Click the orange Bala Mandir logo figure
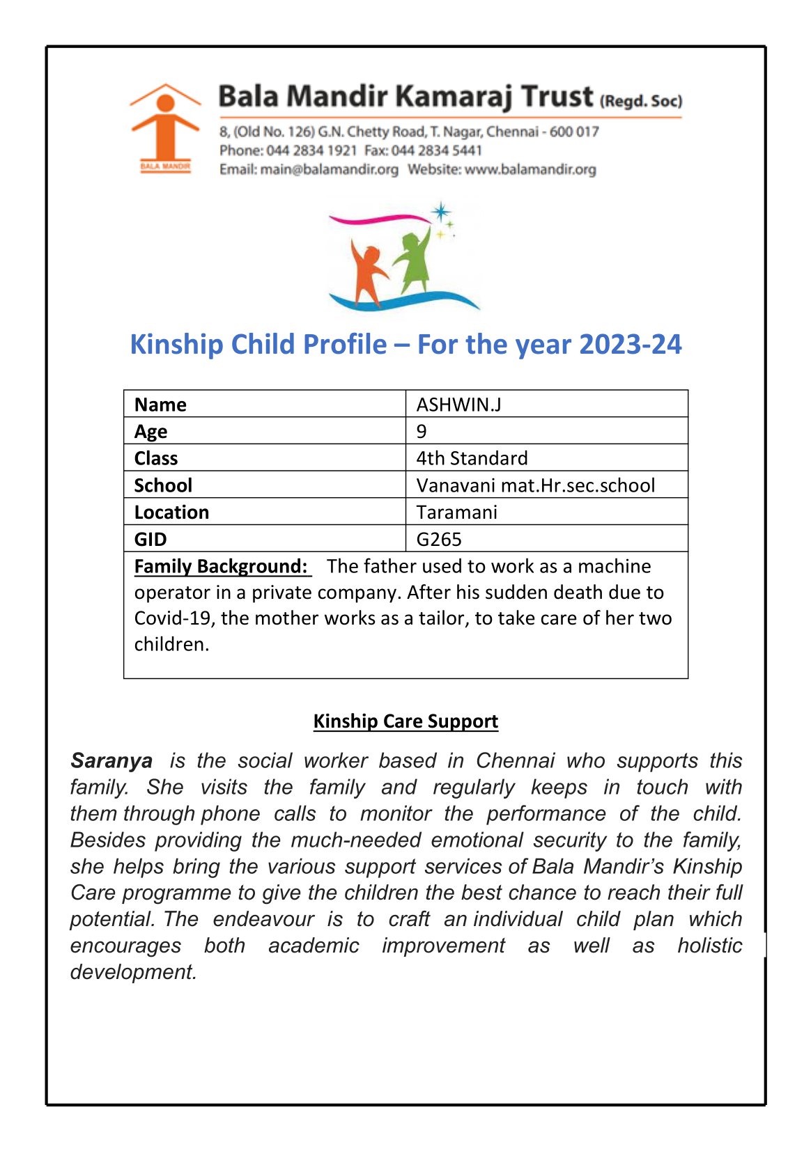pos(165,125)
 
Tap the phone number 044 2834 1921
pos(311,150)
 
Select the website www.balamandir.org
pos(530,169)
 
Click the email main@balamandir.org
pos(329,169)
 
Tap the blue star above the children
pos(440,212)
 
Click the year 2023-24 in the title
pos(630,345)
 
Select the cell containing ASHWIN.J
pos(458,405)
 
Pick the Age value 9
pos(422,431)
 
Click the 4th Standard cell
pos(472,458)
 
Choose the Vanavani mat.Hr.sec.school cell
pos(535,485)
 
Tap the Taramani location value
pos(456,512)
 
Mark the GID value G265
pos(439,539)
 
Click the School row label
pos(163,485)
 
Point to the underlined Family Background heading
pos(221,566)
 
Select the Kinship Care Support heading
pos(405,721)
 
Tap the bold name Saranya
pos(111,760)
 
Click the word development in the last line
pos(132,971)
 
